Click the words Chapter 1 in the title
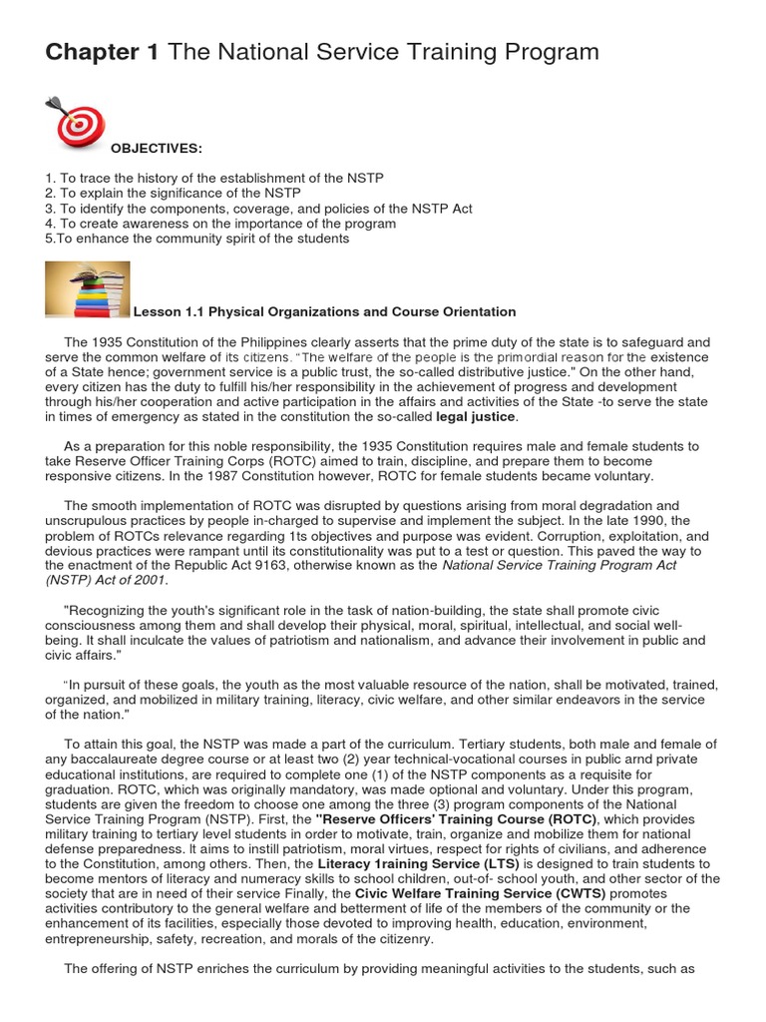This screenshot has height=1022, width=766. tap(102, 52)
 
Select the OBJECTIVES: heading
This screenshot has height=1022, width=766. tap(156, 149)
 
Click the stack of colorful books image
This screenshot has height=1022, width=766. tap(88, 289)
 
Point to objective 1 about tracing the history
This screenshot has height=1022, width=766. tap(214, 178)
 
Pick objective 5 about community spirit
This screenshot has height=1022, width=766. tap(197, 239)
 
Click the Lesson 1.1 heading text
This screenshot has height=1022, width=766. tap(325, 312)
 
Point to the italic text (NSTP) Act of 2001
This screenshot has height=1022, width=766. tap(107, 580)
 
